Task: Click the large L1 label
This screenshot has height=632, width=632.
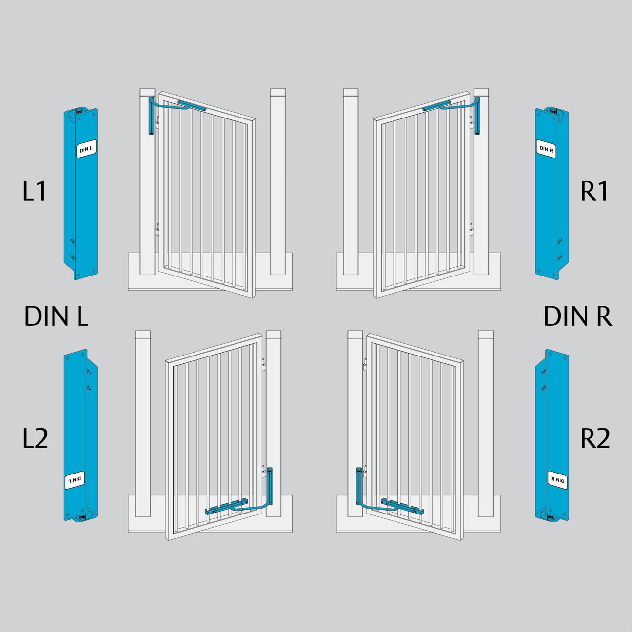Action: (34, 191)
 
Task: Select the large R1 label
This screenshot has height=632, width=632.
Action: (594, 191)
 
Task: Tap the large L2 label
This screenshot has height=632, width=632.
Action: (35, 438)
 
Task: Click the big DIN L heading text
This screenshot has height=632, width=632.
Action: (56, 316)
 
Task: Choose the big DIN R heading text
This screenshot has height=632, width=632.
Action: (578, 316)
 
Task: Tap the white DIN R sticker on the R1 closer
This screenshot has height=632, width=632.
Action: (546, 149)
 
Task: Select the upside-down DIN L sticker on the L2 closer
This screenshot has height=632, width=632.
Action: (75, 480)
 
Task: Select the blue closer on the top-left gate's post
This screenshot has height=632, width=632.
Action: (152, 116)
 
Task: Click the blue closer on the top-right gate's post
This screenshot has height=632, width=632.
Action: (477, 116)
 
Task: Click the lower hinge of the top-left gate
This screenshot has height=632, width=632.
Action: (158, 229)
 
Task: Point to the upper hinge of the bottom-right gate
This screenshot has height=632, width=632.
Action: (365, 364)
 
